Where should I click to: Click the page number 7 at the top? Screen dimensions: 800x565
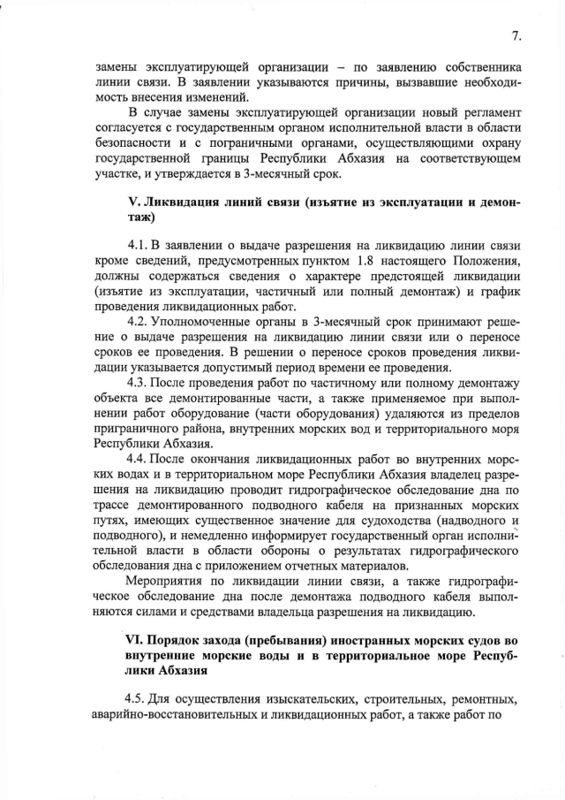[517, 36]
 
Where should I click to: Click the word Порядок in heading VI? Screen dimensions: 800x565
[185, 638]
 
